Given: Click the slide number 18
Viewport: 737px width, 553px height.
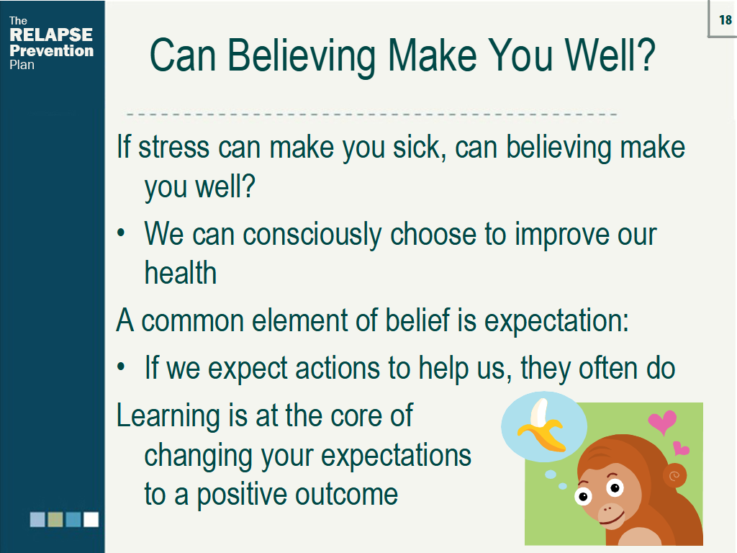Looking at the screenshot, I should tap(725, 19).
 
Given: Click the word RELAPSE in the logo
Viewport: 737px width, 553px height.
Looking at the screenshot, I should tap(51, 35).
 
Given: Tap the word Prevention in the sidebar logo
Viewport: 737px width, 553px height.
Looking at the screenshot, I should tap(51, 51).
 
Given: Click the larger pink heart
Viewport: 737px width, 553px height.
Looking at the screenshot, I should tap(662, 421).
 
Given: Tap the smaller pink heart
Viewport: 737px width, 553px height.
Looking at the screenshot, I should tap(680, 449).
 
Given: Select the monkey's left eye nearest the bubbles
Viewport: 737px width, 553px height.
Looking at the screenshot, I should tap(583, 496).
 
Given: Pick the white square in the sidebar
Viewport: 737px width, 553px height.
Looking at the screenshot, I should tap(91, 519).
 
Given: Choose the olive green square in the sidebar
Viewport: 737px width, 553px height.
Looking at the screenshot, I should tap(55, 519).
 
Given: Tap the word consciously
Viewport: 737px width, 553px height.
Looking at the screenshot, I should tap(312, 235).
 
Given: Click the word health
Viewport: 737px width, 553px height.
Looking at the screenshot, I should tap(180, 273).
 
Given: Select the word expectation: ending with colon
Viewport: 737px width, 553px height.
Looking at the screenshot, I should tap(556, 320).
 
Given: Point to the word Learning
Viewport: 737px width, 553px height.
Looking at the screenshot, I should tap(168, 416).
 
